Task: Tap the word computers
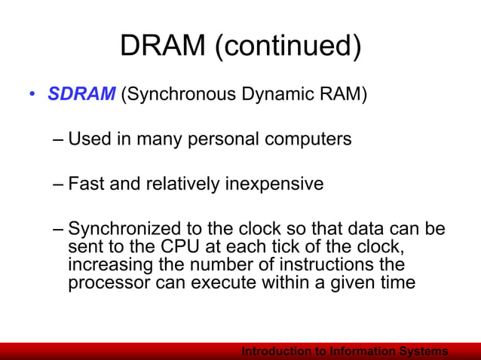pos(309,140)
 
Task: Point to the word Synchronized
pos(124,228)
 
